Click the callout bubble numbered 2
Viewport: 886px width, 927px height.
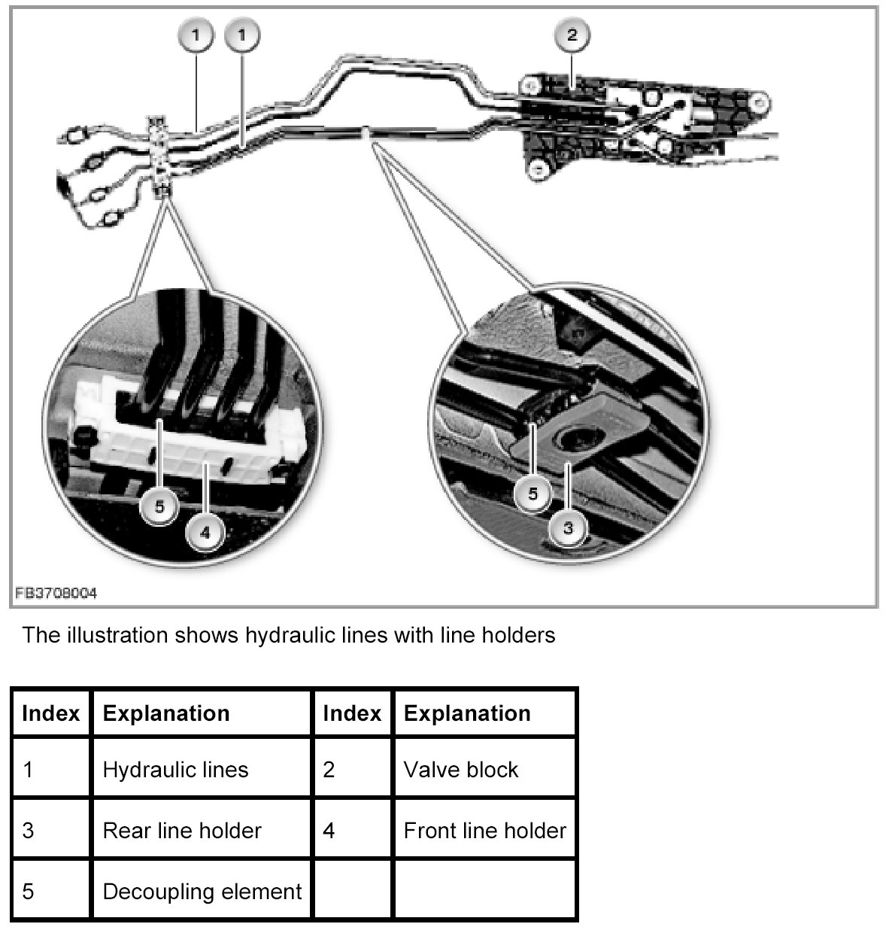point(572,35)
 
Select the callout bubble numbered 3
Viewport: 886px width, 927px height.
point(568,528)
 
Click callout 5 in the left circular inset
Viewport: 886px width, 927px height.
point(159,506)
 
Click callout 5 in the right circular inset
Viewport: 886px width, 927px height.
point(533,494)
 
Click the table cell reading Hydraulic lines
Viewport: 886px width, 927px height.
point(175,770)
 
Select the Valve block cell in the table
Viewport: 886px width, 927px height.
point(461,770)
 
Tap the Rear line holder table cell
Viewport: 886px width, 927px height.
point(182,831)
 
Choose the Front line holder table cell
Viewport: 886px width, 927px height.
point(484,831)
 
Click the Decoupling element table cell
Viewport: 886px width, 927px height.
point(202,892)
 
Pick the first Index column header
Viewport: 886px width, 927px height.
point(51,713)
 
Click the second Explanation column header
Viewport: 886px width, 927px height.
point(467,713)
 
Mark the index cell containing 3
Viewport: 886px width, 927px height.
point(29,831)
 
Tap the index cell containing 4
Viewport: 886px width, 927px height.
point(329,831)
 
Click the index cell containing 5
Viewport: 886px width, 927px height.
point(29,892)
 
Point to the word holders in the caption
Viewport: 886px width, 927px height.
point(515,635)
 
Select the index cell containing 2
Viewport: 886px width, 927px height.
point(329,770)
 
